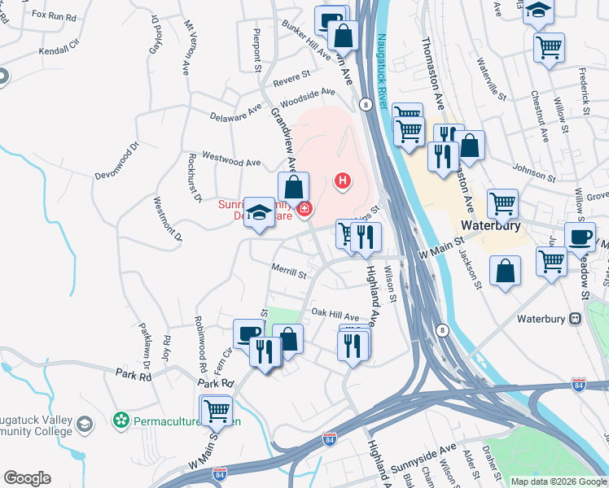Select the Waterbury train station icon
click(575, 317)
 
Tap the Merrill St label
click(288, 273)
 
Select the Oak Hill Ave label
click(335, 315)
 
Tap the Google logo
click(27, 478)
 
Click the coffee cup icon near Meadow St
click(581, 238)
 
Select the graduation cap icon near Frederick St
click(538, 11)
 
